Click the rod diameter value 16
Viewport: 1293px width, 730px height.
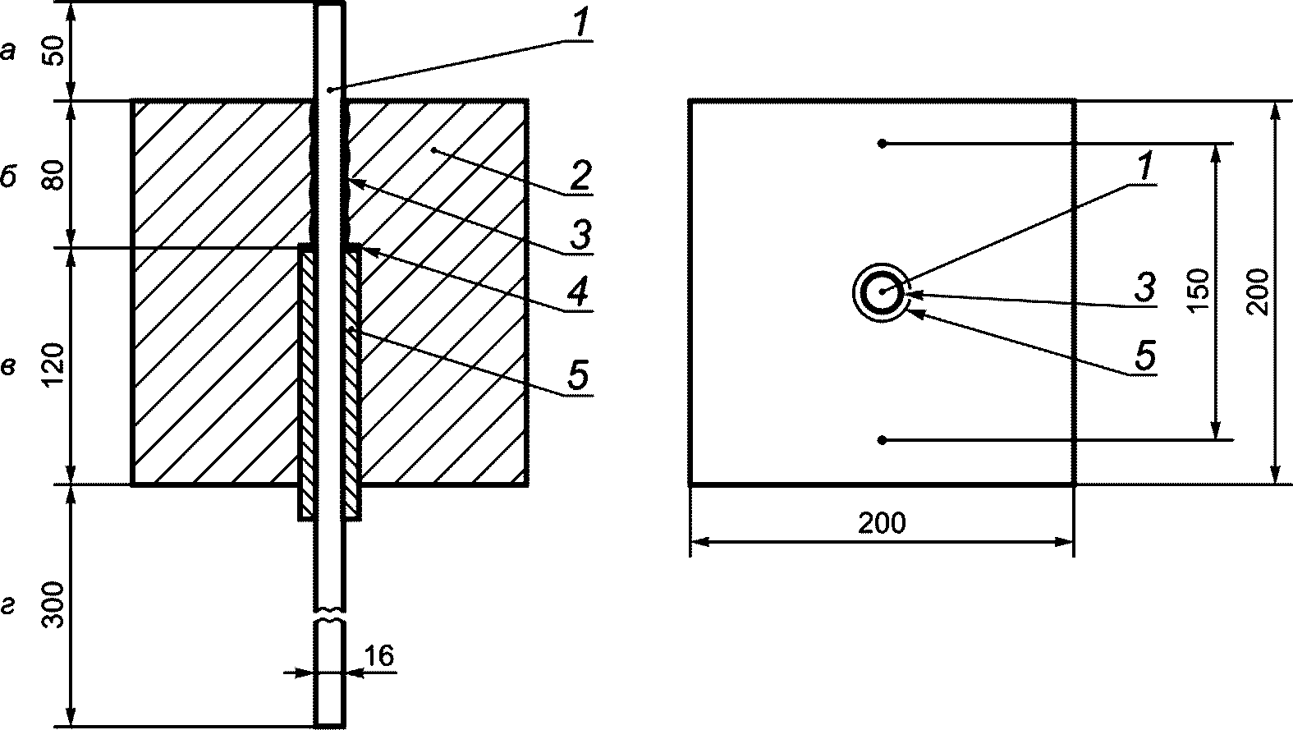point(379,655)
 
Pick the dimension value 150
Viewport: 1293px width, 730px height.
point(1199,289)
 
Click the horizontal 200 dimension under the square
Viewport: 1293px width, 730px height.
point(882,523)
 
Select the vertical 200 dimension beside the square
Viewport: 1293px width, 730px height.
point(1258,292)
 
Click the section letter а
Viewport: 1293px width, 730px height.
point(8,52)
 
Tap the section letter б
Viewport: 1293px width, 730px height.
point(8,176)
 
